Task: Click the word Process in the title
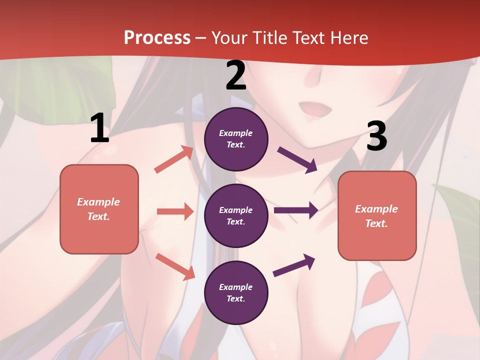point(157,38)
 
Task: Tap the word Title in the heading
point(269,38)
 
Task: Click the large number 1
point(99,128)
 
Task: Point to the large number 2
point(236,76)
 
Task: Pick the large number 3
point(376,136)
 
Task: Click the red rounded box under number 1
point(99,209)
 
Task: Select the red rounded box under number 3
point(377,216)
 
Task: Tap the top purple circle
point(236,139)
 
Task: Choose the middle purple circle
point(236,216)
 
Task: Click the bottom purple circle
point(236,293)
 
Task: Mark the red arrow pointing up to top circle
point(174,159)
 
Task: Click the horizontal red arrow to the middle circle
point(175,211)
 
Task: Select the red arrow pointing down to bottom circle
point(175,266)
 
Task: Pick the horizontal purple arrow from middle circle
point(296,210)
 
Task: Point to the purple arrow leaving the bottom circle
point(294,265)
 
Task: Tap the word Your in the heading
point(229,38)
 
